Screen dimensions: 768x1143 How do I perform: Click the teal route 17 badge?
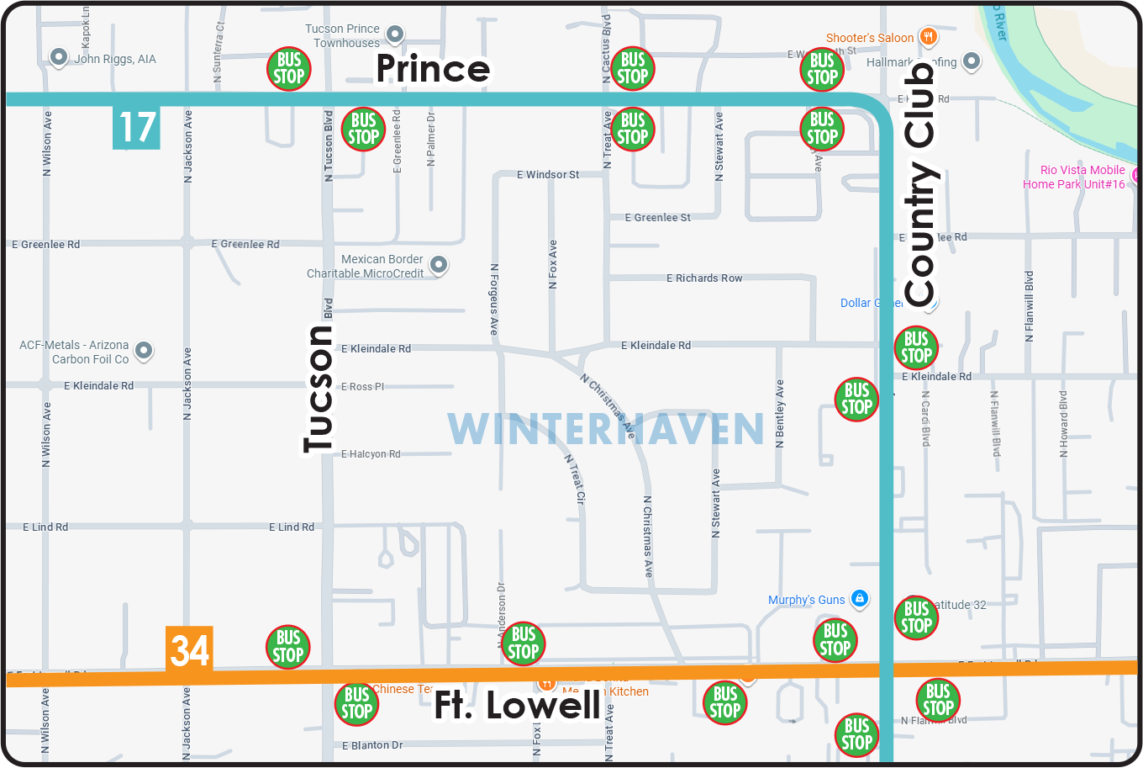pos(136,127)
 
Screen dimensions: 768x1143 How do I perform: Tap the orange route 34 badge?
pos(189,649)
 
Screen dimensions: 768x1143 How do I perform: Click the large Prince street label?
pos(433,69)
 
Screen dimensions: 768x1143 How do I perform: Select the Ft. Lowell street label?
pos(517,706)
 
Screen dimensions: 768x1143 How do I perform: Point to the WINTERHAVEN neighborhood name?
pos(605,429)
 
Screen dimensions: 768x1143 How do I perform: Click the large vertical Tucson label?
pos(319,389)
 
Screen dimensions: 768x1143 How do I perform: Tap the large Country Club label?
pos(920,185)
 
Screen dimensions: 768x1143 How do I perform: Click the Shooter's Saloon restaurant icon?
pos(928,37)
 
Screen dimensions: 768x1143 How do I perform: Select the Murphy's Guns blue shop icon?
pos(859,599)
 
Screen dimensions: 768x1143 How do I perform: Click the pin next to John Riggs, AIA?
pos(59,57)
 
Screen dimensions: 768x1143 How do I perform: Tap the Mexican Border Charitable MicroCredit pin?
pos(438,265)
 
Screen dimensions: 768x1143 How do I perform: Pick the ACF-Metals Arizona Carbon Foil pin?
pos(144,350)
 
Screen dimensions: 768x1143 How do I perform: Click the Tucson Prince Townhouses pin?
pos(394,34)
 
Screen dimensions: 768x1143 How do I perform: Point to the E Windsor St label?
pos(548,175)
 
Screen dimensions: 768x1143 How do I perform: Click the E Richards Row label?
pos(704,278)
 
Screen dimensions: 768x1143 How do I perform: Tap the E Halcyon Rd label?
pos(371,454)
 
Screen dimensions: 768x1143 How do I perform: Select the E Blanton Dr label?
pos(372,745)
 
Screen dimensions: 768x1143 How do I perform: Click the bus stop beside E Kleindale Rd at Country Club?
pos(915,347)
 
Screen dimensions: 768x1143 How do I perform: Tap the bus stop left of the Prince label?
pos(288,69)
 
